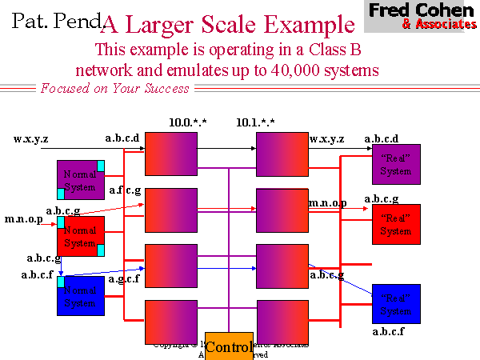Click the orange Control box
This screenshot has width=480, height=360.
(x=229, y=346)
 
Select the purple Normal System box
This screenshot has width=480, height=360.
(x=80, y=180)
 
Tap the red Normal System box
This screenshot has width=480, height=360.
(x=80, y=236)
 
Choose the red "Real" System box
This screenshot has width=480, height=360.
(x=396, y=224)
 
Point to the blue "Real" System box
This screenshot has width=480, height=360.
(x=396, y=305)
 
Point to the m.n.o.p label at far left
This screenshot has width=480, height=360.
(x=25, y=218)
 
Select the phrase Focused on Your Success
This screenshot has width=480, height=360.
(x=114, y=88)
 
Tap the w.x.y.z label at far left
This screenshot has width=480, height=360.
(x=30, y=138)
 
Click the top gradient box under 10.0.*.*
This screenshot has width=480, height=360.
(x=171, y=154)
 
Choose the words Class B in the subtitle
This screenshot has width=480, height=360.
(x=334, y=50)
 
